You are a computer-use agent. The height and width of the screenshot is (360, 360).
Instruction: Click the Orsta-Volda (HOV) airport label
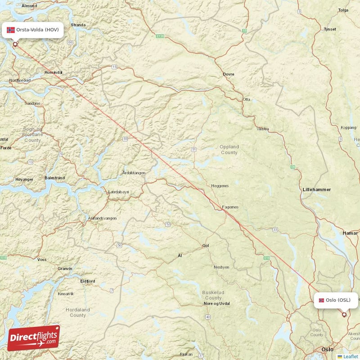click(x=32, y=30)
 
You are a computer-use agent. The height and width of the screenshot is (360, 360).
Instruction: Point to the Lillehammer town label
click(x=316, y=190)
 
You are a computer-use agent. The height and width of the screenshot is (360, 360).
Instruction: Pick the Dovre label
click(x=229, y=74)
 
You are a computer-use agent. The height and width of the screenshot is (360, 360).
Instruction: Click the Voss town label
click(x=42, y=260)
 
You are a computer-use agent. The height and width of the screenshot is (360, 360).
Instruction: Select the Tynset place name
click(x=330, y=29)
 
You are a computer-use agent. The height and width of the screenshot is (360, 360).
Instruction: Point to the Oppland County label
click(x=229, y=149)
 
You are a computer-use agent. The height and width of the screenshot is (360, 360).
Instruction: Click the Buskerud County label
click(x=213, y=295)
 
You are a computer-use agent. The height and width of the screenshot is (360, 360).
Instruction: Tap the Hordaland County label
click(x=77, y=312)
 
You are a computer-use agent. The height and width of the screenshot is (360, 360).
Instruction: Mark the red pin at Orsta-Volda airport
click(x=15, y=44)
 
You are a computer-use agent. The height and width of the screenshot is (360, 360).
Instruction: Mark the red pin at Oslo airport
click(x=344, y=315)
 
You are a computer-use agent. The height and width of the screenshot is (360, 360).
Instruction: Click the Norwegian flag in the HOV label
click(x=11, y=30)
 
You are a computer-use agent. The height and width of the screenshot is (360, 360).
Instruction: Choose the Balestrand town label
click(x=54, y=178)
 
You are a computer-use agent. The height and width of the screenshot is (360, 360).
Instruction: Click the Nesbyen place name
click(x=221, y=267)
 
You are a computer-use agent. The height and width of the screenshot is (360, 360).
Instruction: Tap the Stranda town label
click(x=78, y=25)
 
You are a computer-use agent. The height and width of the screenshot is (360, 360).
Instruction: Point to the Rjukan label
click(x=186, y=354)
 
